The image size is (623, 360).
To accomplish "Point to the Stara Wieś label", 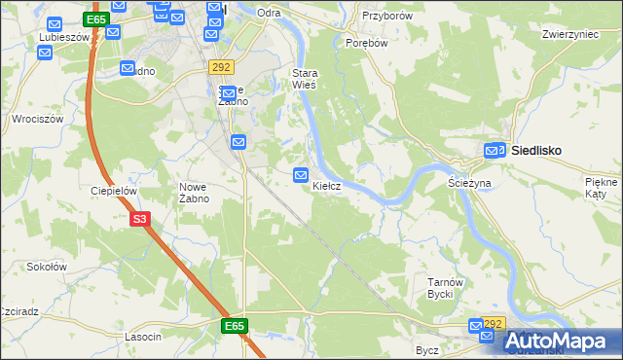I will coord(306,79).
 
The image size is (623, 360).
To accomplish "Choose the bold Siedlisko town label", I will coord(540,151).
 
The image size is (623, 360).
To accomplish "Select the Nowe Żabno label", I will coord(194,193).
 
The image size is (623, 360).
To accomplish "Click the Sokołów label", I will coord(46,266).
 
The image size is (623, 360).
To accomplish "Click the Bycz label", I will coord(426,349).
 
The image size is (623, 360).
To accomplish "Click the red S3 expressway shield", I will coord(140,220).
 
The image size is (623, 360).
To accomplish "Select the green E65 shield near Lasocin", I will coord(233,326).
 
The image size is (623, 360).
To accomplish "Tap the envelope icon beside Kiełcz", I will coord(302,174).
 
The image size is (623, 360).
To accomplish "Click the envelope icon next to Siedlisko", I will coord(495,151).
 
